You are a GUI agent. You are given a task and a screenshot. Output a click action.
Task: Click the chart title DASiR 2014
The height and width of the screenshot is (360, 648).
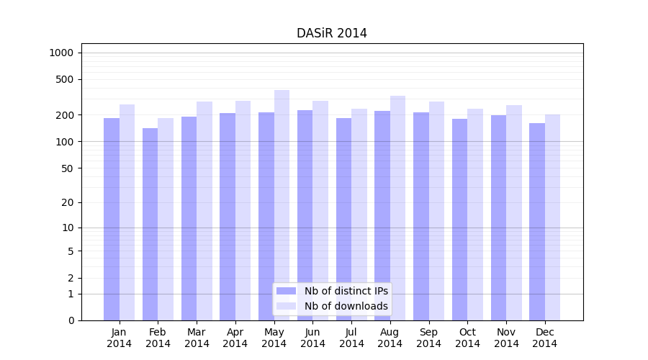(x=331, y=33)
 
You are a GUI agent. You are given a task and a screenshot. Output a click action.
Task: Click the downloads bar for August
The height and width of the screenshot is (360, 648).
(x=397, y=208)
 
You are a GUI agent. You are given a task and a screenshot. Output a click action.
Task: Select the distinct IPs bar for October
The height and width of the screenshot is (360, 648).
(x=459, y=220)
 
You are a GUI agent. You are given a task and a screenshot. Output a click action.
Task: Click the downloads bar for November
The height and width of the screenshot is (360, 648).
(x=514, y=212)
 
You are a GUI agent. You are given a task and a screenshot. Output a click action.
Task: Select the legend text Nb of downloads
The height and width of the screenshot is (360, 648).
(x=346, y=306)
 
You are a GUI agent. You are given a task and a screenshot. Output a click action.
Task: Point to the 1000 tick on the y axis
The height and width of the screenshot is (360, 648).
(x=61, y=53)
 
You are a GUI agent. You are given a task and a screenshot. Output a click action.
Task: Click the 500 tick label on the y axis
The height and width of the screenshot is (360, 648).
(x=64, y=79)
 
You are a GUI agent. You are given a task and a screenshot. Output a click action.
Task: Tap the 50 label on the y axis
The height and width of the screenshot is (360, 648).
(x=67, y=168)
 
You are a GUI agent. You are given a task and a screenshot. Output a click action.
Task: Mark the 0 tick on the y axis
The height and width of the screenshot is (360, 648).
(x=71, y=320)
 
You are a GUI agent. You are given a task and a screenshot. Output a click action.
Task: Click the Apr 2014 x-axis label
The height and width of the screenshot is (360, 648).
(x=235, y=338)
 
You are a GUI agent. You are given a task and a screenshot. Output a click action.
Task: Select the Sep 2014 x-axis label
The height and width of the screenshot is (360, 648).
(x=428, y=338)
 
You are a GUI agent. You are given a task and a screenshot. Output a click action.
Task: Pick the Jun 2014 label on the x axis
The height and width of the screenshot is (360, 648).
(x=312, y=338)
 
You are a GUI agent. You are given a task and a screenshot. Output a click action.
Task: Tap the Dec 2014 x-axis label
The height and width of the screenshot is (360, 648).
(x=544, y=338)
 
